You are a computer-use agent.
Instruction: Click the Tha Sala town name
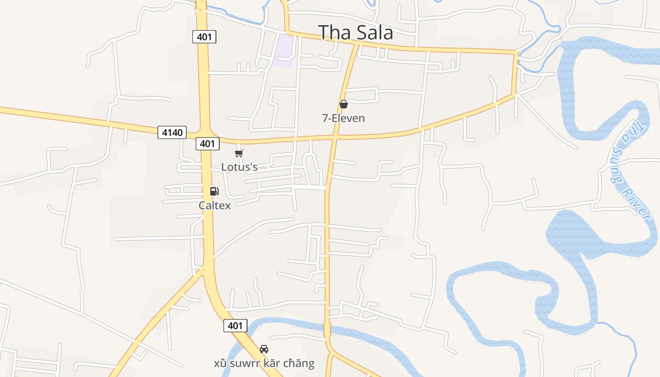pos(355,33)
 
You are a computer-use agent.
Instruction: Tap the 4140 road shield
pos(172,132)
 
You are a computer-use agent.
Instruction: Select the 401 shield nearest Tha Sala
pos(204,36)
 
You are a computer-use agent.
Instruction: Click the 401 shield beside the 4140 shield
pos(207,144)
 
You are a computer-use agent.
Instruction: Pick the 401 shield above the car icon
pos(235,325)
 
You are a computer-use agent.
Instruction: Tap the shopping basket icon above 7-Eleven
pos(344,104)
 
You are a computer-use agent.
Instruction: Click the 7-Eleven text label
pos(343,118)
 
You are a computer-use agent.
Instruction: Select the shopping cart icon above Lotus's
pos(239,153)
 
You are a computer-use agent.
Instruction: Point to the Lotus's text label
pos(239,167)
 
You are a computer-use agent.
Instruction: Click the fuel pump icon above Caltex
pos(214,191)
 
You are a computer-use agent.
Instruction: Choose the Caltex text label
pos(214,205)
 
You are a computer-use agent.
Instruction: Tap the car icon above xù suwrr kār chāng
pos(264,349)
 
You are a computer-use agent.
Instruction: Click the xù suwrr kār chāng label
pos(264,363)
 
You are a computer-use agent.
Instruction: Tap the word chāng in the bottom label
pos(299,363)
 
